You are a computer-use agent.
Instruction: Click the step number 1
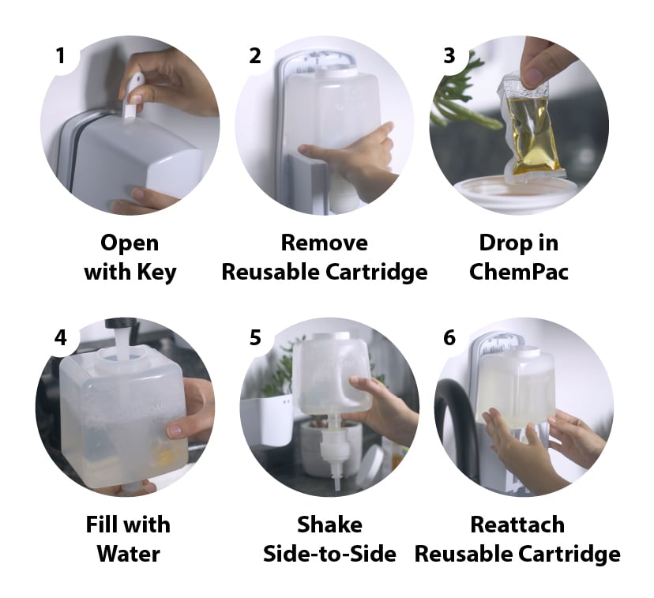click(x=60, y=56)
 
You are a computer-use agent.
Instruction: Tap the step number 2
click(x=254, y=56)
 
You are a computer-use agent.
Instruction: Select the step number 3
click(x=449, y=56)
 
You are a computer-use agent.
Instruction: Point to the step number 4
click(x=60, y=338)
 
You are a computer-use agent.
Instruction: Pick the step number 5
click(x=254, y=338)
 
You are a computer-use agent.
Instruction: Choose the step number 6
click(x=449, y=338)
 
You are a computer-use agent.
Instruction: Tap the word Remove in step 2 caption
click(x=324, y=243)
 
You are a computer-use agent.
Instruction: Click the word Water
click(x=128, y=554)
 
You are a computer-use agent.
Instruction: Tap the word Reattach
click(x=517, y=524)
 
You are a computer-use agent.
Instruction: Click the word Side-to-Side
click(x=329, y=554)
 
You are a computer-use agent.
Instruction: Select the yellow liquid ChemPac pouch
click(x=532, y=126)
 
